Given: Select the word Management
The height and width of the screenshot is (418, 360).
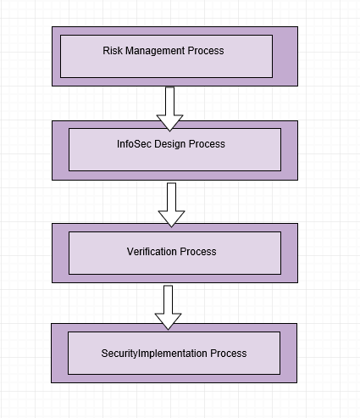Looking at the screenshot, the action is (155, 51).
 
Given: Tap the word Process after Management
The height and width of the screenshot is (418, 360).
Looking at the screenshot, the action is (206, 51).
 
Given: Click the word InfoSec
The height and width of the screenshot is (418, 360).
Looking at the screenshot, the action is (134, 144).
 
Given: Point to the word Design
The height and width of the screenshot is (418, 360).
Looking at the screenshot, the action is (170, 144).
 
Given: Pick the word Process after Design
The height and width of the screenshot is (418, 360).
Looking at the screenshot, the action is (207, 144).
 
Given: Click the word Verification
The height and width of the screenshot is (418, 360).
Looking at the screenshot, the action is (152, 251).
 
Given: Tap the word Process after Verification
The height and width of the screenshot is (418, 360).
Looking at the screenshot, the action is (198, 251).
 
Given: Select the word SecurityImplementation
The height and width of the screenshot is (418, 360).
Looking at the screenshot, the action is (154, 354).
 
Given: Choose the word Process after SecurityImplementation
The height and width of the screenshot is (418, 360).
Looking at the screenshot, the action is (229, 353).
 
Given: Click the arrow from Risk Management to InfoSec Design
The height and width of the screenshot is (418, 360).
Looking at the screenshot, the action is (169, 109).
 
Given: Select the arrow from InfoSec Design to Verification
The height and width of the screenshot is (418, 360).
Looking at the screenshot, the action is (171, 205).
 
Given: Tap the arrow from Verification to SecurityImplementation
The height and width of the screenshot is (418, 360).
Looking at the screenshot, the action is (168, 308).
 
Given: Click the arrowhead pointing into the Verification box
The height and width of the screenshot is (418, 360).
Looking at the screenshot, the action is (171, 218).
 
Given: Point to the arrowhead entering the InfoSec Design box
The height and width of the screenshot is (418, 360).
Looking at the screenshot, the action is (169, 122).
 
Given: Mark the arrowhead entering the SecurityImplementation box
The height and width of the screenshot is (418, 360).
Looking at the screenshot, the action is (168, 320).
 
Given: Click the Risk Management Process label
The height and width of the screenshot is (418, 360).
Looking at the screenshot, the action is (163, 51).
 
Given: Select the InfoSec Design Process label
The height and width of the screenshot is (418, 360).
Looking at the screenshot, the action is (171, 144).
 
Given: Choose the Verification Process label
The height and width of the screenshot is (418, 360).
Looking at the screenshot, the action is (172, 251).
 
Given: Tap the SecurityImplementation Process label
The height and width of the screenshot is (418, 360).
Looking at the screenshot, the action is (174, 354).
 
